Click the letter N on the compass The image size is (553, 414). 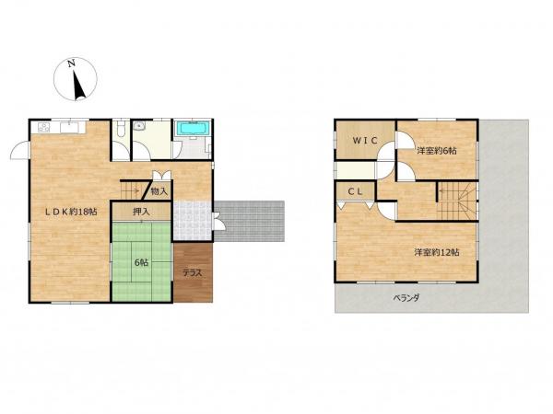pos(72,63)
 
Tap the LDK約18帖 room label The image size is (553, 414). pos(71,212)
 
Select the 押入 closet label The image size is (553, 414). pos(141,212)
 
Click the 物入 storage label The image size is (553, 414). pos(159,192)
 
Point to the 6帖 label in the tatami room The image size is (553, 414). pos(141,262)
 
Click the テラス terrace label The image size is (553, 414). pos(193,273)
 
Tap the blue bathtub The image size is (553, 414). pos(193,128)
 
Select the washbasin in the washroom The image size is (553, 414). pos(138,126)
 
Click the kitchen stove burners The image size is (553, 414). pos(44,127)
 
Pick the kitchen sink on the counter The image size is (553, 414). pos(69,127)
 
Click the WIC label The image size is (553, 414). pos(365,141)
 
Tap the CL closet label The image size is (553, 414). pos(355,191)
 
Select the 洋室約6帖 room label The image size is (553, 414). pos(437,151)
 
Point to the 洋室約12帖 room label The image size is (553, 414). pos(437,252)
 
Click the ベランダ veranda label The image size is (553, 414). pos(406,298)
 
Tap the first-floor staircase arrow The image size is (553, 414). pos(135,191)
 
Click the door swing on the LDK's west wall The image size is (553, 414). pos(20,150)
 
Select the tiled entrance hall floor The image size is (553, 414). pos(193,221)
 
